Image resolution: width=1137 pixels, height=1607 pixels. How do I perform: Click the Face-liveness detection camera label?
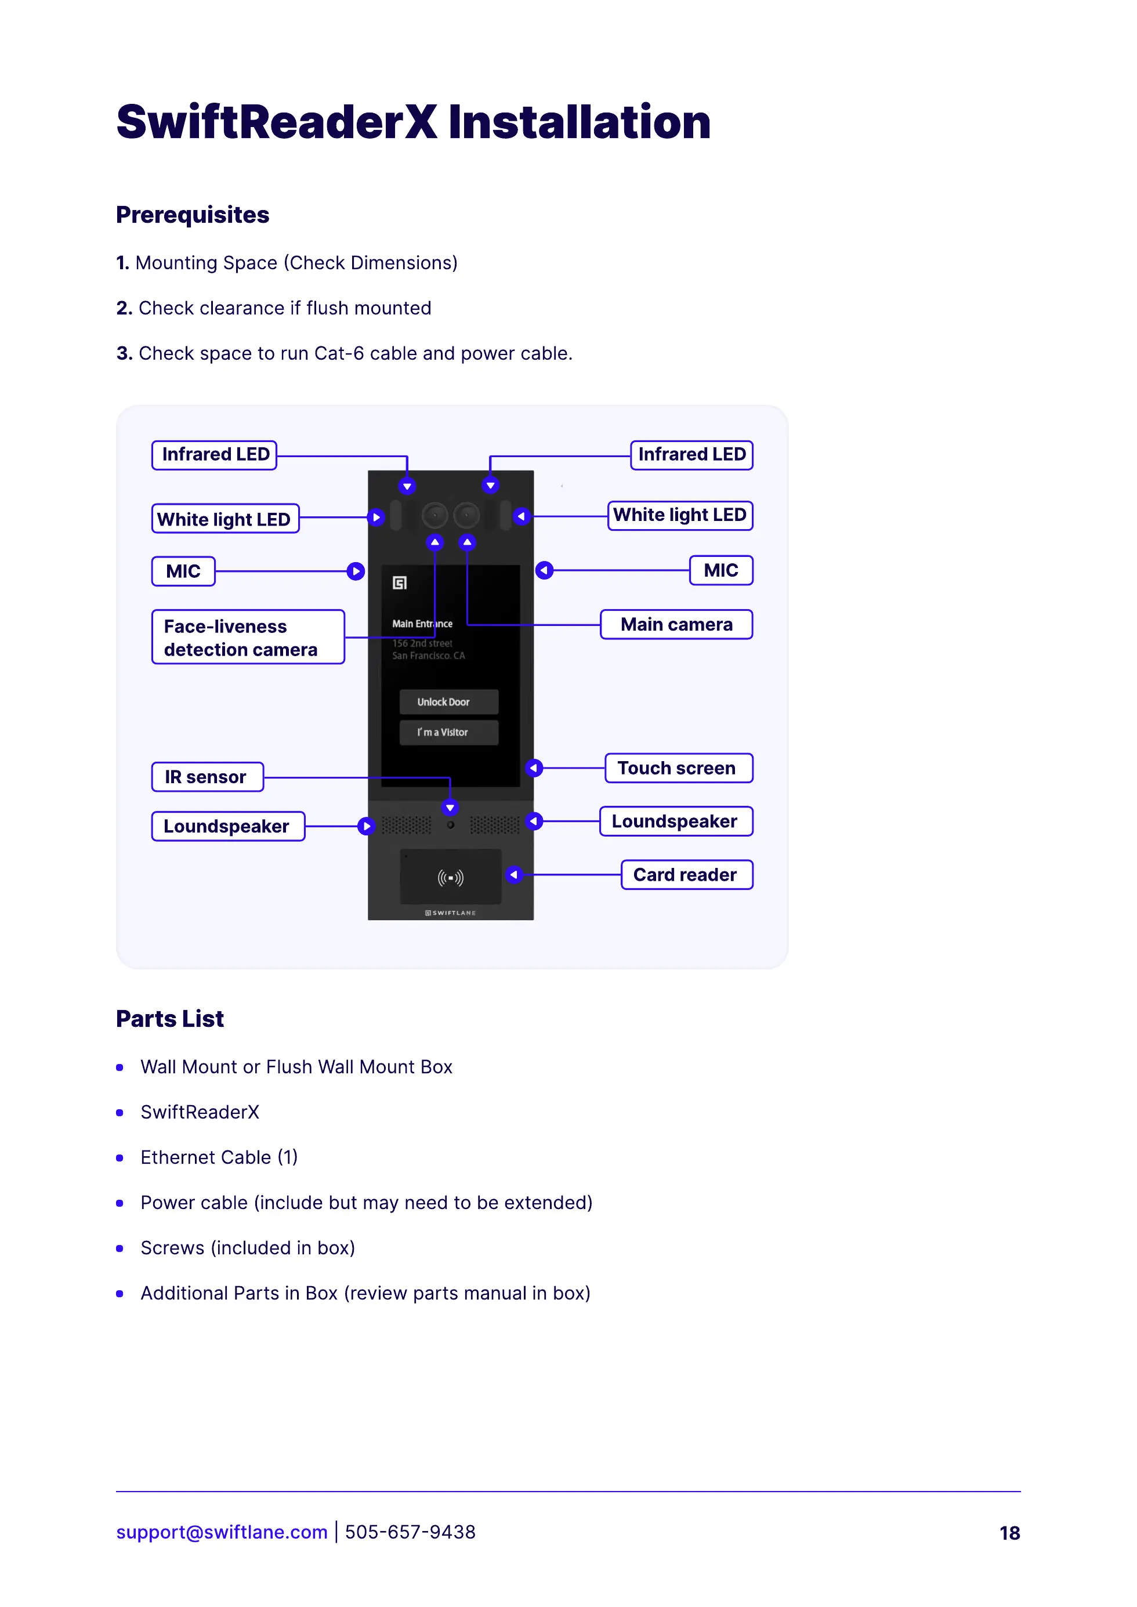click(x=248, y=636)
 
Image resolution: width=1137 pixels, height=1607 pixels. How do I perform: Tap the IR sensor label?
click(x=207, y=777)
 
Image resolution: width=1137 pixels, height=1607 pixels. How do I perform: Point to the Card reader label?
click(x=686, y=875)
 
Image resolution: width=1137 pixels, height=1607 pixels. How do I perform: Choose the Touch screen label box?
click(x=678, y=768)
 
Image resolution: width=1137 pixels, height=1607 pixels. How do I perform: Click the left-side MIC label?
click(x=183, y=571)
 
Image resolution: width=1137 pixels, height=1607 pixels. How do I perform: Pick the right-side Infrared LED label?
click(x=691, y=455)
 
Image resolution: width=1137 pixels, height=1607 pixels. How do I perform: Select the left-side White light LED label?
click(x=224, y=519)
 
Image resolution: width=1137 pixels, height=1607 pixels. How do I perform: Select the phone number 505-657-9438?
click(x=410, y=1532)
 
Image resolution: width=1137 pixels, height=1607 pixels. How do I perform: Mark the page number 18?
click(x=1009, y=1533)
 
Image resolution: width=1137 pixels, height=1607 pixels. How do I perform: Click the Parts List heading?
click(x=170, y=1019)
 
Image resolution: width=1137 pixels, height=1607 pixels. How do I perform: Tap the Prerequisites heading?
click(x=193, y=215)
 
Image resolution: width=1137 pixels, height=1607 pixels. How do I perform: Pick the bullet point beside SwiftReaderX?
click(x=120, y=1113)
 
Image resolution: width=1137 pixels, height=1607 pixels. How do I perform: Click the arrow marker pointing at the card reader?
click(x=514, y=875)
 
